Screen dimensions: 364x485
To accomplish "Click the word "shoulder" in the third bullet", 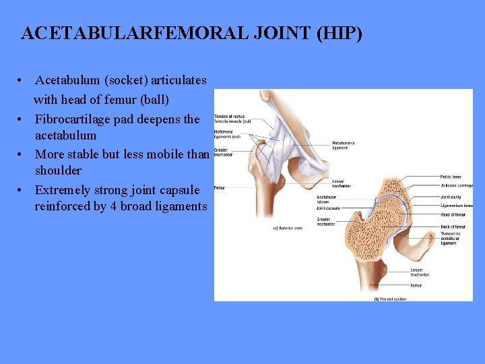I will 58,171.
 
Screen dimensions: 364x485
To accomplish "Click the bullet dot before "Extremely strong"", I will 22,190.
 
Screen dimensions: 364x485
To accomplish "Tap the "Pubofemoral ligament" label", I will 344,145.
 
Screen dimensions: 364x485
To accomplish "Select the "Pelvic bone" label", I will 453,177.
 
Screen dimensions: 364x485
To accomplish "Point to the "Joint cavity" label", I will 453,197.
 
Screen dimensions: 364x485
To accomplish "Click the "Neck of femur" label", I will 453,227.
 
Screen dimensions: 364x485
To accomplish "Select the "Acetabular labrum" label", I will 327,200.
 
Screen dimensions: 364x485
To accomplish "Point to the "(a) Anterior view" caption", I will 288,228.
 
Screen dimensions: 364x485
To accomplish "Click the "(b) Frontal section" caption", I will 391,298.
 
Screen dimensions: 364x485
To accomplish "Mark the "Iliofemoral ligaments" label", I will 227,133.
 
